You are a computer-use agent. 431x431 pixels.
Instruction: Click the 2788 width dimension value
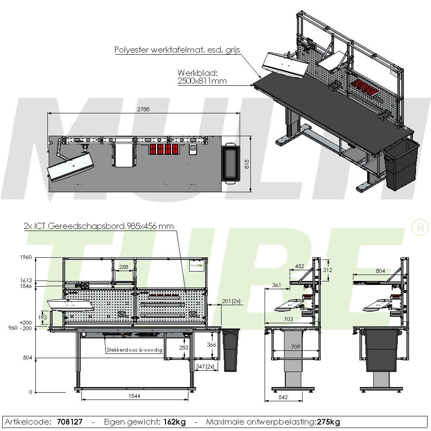(144, 109)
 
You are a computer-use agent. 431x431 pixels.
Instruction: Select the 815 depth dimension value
(247, 164)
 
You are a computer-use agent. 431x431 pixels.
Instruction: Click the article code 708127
(70, 422)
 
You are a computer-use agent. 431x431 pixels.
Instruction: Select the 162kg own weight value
(175, 422)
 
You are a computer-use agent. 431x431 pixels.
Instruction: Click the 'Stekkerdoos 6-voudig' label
(134, 350)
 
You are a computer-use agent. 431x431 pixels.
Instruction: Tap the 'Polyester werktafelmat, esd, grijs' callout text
(177, 50)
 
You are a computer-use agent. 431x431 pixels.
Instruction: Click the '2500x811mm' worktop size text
(202, 81)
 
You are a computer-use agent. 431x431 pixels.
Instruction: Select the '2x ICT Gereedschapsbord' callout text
(99, 226)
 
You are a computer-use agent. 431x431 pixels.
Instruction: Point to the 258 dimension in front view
(124, 267)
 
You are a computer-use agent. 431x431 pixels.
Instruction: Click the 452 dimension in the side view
(300, 266)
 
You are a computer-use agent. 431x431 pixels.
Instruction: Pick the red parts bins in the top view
(164, 149)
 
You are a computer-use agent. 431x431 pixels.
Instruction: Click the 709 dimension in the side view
(296, 346)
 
